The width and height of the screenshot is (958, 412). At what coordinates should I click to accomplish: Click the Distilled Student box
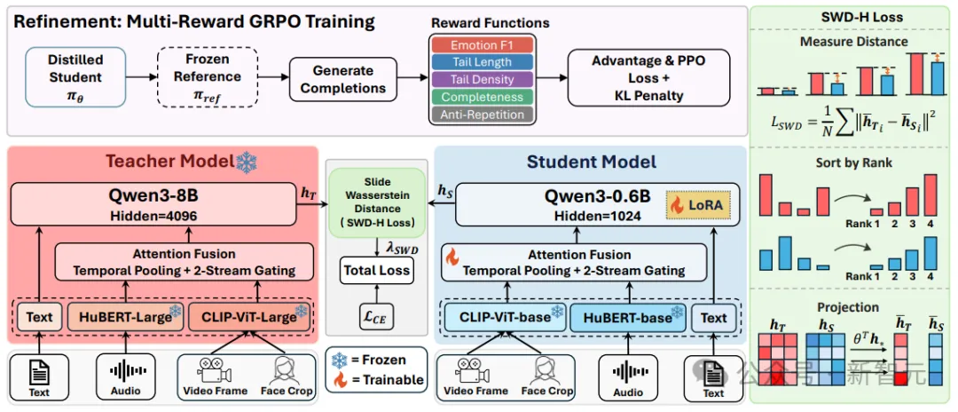tap(75, 77)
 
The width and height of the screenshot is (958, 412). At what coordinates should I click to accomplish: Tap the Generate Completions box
tap(343, 79)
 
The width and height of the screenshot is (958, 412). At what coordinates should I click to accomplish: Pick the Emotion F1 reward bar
tap(482, 45)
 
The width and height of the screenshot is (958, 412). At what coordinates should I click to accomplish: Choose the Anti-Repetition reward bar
tap(482, 115)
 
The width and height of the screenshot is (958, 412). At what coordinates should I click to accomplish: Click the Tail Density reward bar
tap(482, 79)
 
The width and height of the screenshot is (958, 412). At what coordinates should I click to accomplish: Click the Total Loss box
tap(376, 270)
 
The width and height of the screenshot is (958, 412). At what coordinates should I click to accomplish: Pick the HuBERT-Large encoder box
tap(125, 317)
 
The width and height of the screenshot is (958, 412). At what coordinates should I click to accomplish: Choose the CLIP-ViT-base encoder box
tap(505, 319)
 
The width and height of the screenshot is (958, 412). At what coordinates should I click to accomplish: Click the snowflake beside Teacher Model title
tap(247, 162)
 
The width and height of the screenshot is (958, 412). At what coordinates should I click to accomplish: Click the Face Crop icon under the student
tap(546, 370)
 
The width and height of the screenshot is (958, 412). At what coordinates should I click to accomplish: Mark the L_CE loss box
tap(376, 317)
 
